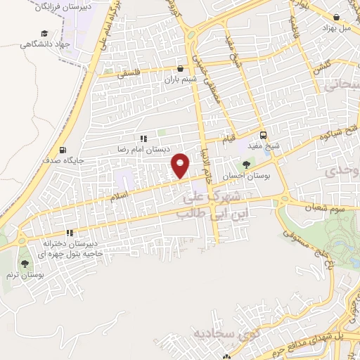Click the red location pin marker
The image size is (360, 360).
point(181,165)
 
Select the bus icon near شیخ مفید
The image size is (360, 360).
point(264,135)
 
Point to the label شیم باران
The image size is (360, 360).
point(179,80)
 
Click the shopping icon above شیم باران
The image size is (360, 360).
point(182,69)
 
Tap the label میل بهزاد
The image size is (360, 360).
point(336,27)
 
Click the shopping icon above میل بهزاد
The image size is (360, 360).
point(338,16)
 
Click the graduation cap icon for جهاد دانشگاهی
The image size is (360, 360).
point(45,33)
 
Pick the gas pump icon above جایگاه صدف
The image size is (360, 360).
point(64,149)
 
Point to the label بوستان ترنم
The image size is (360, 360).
point(26,276)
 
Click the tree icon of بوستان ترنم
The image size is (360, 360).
point(25,264)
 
